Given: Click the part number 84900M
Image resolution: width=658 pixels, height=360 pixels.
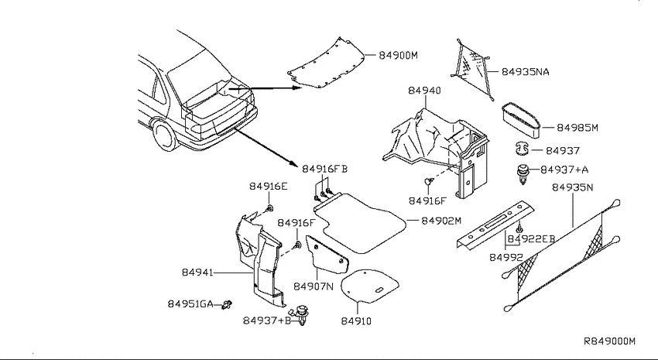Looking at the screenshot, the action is point(398,56).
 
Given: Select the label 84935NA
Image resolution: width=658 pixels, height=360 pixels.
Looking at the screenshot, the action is point(526,72).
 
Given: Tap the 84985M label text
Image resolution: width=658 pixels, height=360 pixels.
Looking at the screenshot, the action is point(577,128).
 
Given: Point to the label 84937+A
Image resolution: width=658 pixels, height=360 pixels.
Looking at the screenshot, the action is point(564,170).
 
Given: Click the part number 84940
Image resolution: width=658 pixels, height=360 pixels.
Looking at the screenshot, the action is point(425,91).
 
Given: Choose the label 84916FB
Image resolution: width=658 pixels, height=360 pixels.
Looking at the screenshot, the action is point(325,169).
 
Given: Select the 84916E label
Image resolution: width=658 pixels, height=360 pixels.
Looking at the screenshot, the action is point(269,187).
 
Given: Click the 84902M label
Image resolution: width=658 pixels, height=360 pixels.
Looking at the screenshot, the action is point(441,221).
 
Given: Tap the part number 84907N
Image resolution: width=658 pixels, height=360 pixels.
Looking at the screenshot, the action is point(314,286).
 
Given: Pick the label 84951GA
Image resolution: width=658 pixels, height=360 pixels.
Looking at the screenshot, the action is point(190,303).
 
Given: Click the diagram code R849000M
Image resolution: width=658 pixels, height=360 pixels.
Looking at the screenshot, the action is point(610,341).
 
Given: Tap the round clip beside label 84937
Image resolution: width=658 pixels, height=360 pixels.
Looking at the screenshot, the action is point(522,149).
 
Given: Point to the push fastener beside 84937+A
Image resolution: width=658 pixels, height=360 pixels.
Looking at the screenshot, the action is point(522,173).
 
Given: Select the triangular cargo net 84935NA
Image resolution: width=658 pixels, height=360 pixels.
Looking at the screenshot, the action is point(473,69).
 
